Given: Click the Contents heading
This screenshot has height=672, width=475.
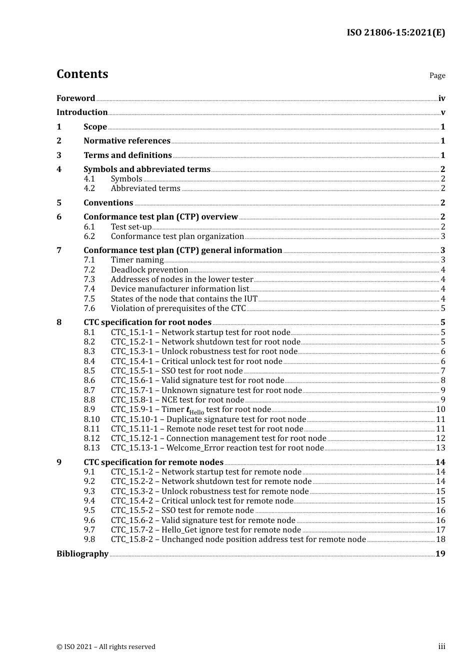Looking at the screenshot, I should point(82,74).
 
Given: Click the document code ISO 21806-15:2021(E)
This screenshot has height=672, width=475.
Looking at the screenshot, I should point(395,32).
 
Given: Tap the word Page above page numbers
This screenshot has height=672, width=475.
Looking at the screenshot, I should point(437,75).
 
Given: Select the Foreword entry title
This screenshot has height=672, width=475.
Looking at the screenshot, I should point(75,98).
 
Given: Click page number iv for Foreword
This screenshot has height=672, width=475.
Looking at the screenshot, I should point(441,98).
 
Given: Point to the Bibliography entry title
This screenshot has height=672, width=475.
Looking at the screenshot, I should point(82,553).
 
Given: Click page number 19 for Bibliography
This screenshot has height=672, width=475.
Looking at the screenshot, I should point(440,553).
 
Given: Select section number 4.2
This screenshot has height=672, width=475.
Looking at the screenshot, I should point(89,188).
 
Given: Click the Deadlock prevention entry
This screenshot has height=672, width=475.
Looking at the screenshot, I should point(149,270).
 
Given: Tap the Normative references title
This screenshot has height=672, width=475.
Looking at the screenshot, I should point(127,141).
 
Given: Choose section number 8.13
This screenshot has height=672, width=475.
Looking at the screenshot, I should point(91,448).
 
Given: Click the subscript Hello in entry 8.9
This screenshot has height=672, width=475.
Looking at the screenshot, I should point(196,412).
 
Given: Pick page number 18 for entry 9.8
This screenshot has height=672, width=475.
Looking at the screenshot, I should point(440,539).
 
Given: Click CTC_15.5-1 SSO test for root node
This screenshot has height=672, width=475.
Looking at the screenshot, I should point(176,371).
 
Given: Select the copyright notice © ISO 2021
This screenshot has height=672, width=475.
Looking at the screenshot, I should point(105,646).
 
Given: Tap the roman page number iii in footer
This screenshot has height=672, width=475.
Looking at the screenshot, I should point(441,646).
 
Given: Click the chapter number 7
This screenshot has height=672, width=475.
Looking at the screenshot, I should point(59,250).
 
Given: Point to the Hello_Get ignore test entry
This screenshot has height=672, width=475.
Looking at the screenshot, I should point(205,530).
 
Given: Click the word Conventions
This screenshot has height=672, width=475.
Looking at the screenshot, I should point(108,203).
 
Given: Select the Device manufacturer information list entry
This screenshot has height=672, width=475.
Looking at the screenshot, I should point(179,289).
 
